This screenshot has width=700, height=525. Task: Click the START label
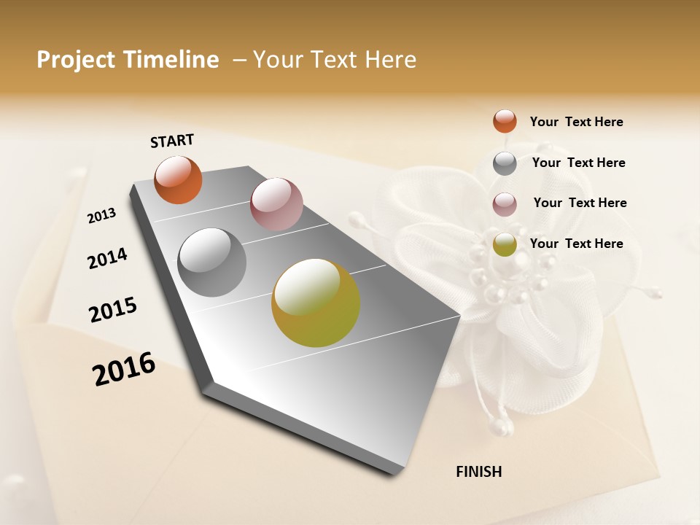click(x=172, y=141)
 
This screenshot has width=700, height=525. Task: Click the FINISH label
click(x=478, y=472)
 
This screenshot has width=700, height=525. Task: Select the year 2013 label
click(x=102, y=215)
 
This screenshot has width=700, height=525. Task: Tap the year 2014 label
click(x=107, y=258)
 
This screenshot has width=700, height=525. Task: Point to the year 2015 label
click(x=113, y=310)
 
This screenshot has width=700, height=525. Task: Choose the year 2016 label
click(x=124, y=369)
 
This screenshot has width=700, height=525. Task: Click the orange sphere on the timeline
click(x=179, y=180)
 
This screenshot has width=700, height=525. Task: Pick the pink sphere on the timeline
click(x=276, y=203)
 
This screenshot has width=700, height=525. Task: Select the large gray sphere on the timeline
click(x=212, y=262)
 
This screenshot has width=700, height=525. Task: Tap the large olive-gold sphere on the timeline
click(x=316, y=303)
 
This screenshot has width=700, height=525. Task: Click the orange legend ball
click(x=505, y=122)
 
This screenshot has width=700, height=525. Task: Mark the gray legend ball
click(x=505, y=163)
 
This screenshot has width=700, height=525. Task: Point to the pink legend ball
click(x=505, y=204)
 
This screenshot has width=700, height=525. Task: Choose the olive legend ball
click(x=505, y=245)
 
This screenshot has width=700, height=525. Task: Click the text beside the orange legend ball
click(x=576, y=122)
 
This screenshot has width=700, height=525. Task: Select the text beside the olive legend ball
click(x=576, y=244)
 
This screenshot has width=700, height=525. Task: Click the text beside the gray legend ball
click(x=578, y=163)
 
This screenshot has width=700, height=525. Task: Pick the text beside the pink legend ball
click(x=580, y=203)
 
